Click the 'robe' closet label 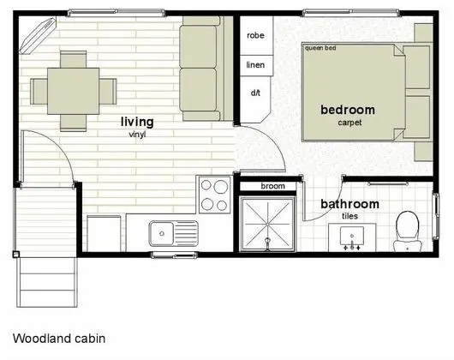point(255,36)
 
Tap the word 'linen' point(255,64)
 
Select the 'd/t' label point(255,93)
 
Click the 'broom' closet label point(272,186)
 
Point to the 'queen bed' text point(320,48)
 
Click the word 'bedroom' point(348,110)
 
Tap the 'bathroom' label point(349,204)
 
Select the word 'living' point(137,122)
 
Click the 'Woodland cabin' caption point(59,339)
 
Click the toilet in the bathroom point(407,231)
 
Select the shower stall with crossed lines point(267,225)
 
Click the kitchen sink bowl point(162,233)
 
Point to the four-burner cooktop point(214,195)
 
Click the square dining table point(74,91)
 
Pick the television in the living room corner point(38,36)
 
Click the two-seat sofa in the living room point(206,69)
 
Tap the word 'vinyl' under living point(137,135)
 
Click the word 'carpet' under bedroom point(349,123)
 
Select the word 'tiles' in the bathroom point(349,216)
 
